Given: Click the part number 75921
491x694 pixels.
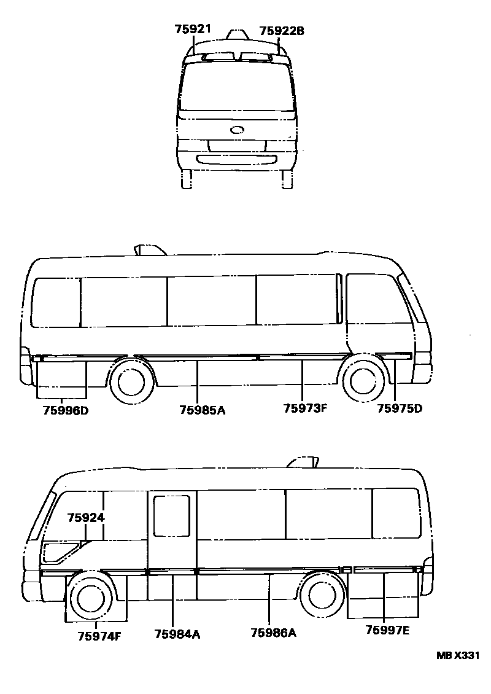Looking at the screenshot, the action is click(193, 29).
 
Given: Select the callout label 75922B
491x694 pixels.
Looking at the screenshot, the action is click(282, 30).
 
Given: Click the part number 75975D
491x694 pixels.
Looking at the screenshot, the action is click(400, 408).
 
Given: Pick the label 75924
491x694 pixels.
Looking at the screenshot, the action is click(86, 517).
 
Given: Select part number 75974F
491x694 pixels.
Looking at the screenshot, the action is click(99, 636).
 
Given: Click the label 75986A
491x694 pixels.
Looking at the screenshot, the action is click(273, 633).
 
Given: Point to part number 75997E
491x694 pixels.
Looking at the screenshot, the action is click(387, 630).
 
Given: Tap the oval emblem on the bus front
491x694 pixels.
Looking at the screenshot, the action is click(237, 130).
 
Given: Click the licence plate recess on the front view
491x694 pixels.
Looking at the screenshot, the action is click(236, 146).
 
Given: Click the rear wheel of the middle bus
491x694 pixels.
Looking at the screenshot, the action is click(131, 382).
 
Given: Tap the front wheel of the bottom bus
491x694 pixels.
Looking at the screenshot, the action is click(90, 595).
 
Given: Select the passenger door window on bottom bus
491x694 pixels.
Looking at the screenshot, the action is click(171, 516).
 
